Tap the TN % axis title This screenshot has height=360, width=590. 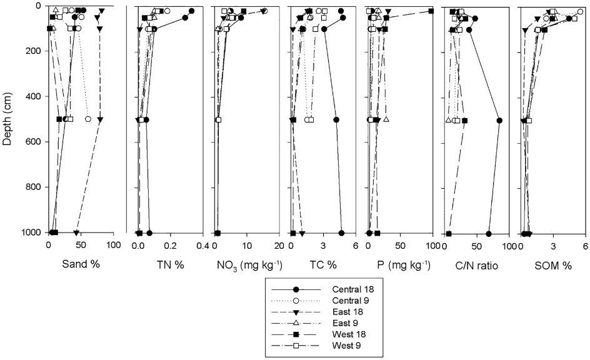170,264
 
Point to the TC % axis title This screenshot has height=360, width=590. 322,264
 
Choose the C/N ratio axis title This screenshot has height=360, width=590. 477,265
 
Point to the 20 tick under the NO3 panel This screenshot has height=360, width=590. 279,246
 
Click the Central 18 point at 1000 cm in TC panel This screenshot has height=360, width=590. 342,233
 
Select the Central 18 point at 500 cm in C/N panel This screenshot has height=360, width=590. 499,120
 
